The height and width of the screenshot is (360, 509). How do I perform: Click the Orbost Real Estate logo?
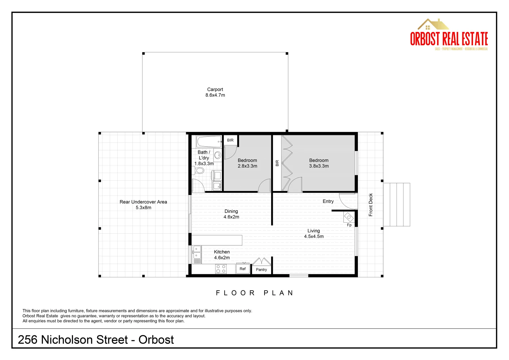tap(449, 35)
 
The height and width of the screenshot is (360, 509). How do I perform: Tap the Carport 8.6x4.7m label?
tap(215, 92)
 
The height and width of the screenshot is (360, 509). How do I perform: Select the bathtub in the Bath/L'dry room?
tap(209, 142)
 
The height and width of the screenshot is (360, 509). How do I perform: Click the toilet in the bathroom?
tap(199, 171)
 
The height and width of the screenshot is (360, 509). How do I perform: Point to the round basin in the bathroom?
tap(218, 155)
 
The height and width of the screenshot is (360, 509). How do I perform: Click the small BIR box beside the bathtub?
tap(230, 140)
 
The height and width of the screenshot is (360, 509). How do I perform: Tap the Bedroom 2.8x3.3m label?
tap(247, 163)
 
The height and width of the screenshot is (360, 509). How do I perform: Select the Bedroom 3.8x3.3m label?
tap(319, 163)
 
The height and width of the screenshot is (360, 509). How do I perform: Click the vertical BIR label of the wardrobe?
tap(277, 163)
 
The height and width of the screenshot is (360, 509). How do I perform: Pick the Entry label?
tap(328, 201)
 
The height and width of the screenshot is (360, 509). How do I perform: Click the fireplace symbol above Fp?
tap(349, 217)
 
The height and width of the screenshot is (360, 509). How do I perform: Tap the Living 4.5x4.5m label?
tap(313, 233)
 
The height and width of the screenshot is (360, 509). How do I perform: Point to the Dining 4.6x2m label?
tap(231, 214)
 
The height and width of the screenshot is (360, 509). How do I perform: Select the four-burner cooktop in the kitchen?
tap(221, 269)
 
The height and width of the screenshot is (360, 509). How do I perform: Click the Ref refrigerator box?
tap(243, 269)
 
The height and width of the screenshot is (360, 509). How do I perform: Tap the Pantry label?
tap(261, 270)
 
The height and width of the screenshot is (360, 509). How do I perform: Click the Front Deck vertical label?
tap(371, 205)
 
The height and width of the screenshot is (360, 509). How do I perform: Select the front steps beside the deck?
tap(396, 205)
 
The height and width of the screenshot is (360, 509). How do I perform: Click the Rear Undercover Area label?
tap(143, 205)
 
